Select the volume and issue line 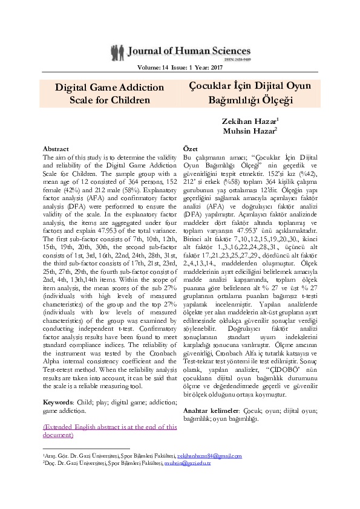pyautogui.click(x=180, y=68)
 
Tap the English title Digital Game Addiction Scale pyautogui.click(x=110, y=93)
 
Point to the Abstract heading pyautogui.click(x=56, y=148)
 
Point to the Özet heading pyautogui.click(x=190, y=148)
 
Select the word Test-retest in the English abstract pyautogui.click(x=60, y=368)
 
